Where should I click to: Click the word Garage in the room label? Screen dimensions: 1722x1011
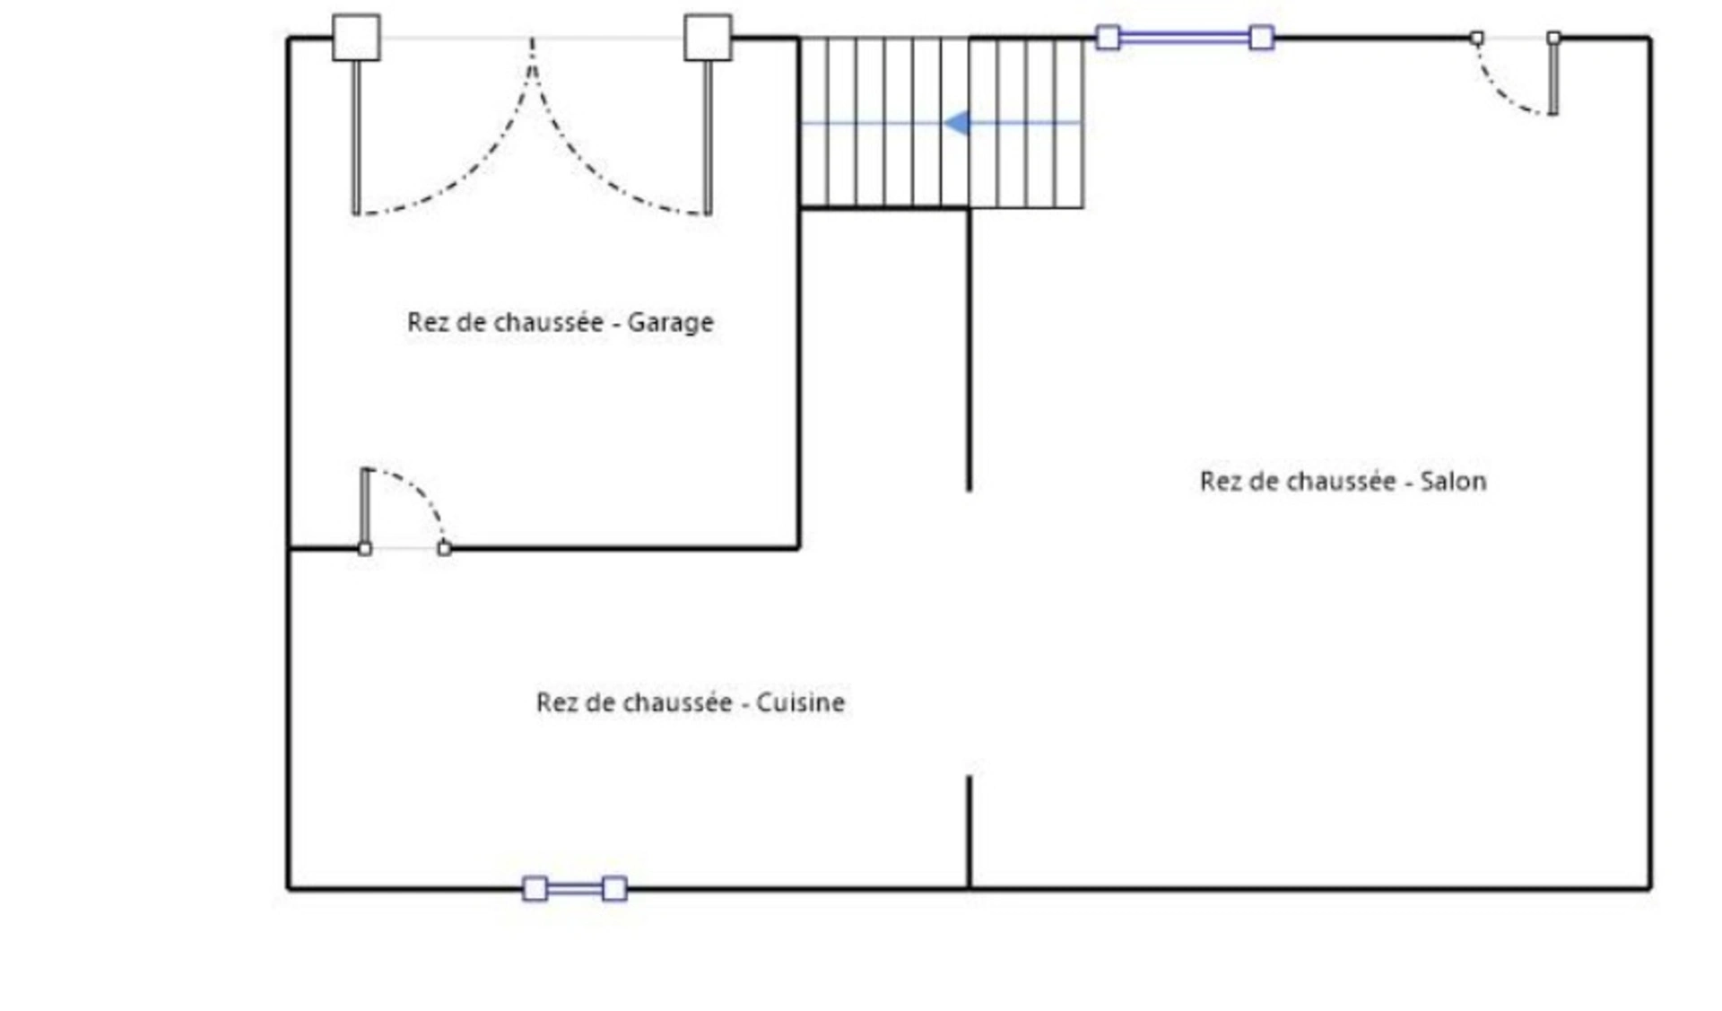click(x=670, y=323)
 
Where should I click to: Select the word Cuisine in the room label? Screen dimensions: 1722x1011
click(x=800, y=702)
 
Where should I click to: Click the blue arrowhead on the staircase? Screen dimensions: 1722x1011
click(x=957, y=123)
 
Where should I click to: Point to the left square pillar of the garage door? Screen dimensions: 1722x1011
click(x=356, y=38)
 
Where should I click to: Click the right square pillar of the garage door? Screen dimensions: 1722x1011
click(x=708, y=38)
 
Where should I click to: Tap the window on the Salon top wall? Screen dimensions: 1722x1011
click(x=1185, y=38)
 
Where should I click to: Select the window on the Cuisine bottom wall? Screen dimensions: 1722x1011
click(x=575, y=889)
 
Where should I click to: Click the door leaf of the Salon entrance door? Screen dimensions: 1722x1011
click(x=1553, y=76)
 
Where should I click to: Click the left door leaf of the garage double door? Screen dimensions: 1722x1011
click(x=356, y=138)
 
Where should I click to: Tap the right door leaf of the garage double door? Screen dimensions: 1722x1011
click(x=708, y=138)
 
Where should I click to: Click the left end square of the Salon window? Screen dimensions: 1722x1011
click(x=1109, y=38)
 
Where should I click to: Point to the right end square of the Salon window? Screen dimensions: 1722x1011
click(x=1262, y=38)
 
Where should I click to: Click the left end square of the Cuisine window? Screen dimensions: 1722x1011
click(x=535, y=889)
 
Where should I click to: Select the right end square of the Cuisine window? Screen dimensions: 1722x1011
click(x=614, y=889)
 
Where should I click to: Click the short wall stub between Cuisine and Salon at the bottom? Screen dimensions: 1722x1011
click(x=970, y=832)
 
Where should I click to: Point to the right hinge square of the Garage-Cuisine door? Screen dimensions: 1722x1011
click(x=445, y=548)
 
